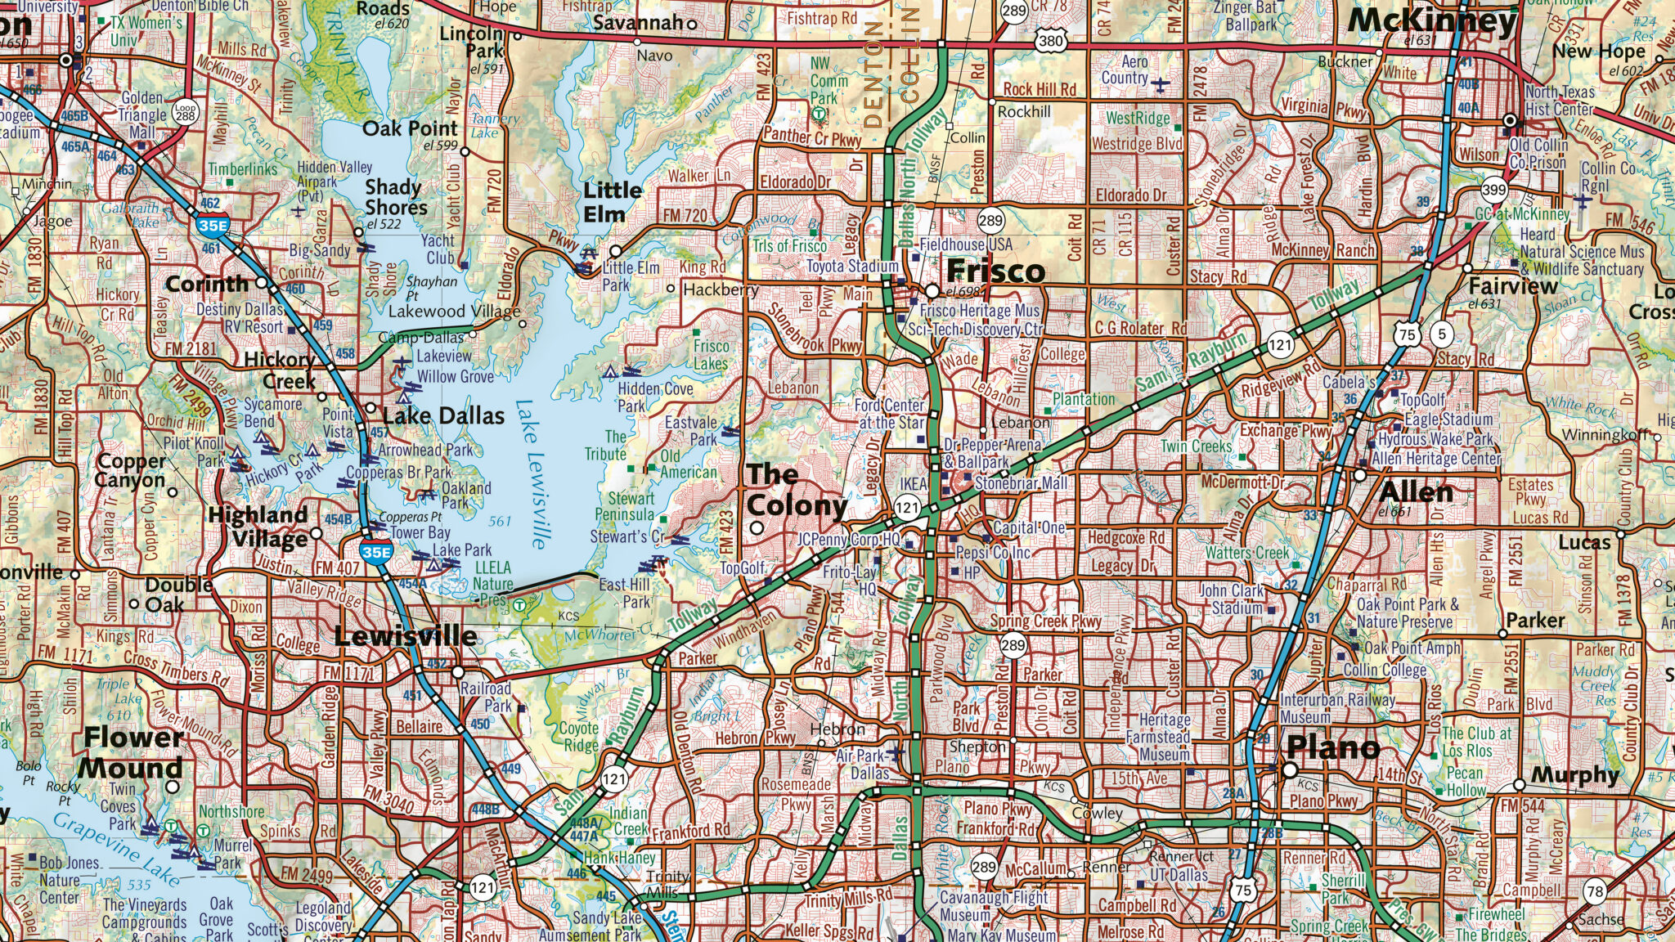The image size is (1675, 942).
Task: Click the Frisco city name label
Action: click(x=995, y=271)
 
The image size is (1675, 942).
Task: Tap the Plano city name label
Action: click(x=1333, y=747)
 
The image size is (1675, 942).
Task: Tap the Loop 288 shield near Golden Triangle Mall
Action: click(x=186, y=112)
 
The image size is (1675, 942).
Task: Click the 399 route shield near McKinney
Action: click(x=1493, y=189)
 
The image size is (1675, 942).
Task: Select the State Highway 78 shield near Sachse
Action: click(x=1594, y=891)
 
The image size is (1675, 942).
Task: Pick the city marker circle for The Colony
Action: click(x=757, y=528)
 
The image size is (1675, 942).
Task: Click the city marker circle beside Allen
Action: click(x=1360, y=474)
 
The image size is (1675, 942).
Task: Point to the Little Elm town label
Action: click(x=613, y=202)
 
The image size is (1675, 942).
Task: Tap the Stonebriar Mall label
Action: click(x=1021, y=483)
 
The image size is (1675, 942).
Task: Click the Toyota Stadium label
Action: click(x=852, y=267)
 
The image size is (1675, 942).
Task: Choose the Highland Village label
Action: click(x=258, y=527)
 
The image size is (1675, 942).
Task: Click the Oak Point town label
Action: click(x=410, y=128)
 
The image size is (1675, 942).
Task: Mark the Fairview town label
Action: click(x=1512, y=286)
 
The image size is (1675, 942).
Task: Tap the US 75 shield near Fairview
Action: click(x=1406, y=334)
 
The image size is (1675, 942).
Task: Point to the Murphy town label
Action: click(x=1574, y=774)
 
